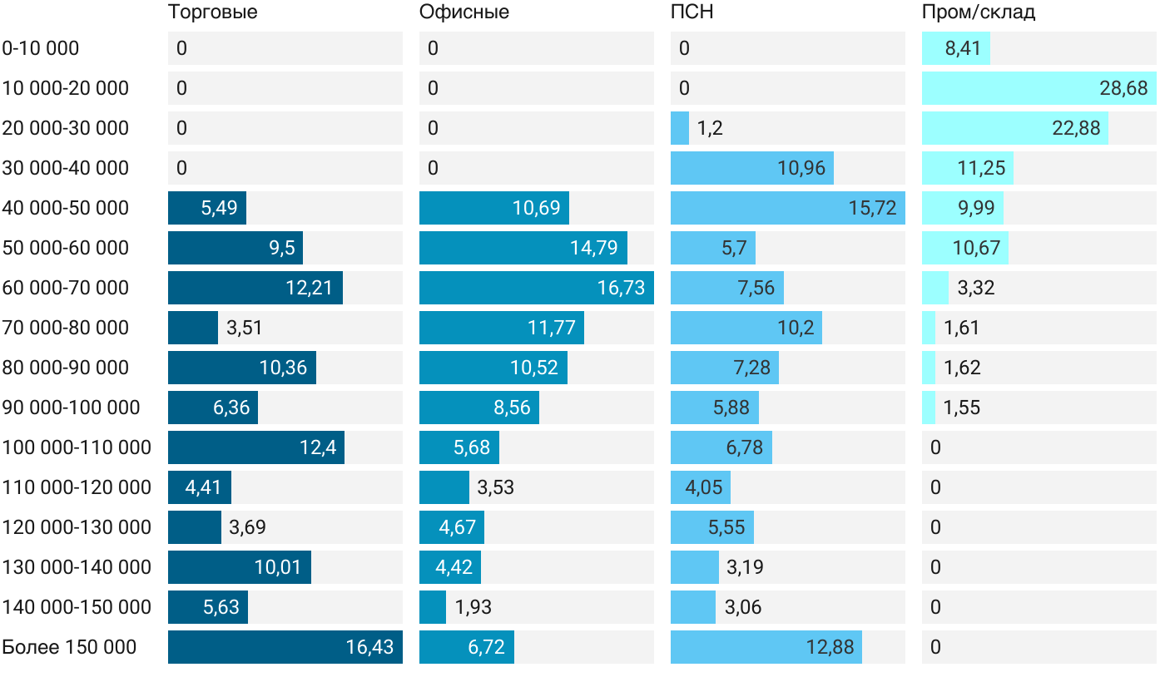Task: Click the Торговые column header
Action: (212, 12)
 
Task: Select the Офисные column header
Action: (464, 12)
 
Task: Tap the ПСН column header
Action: (692, 12)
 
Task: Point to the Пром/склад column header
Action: (978, 12)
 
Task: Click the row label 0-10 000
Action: (41, 48)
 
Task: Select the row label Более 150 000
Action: (69, 647)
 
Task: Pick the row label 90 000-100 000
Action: (72, 408)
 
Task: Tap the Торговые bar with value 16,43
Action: (285, 647)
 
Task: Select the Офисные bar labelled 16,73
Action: (536, 288)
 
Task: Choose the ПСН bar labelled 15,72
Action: (787, 208)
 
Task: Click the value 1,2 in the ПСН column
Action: (710, 128)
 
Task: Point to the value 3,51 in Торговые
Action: (245, 328)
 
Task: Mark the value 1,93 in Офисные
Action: (473, 607)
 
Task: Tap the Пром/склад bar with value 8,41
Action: (955, 48)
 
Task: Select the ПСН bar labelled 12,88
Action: (766, 647)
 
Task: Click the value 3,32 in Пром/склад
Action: (976, 288)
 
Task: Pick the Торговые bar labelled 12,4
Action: (255, 447)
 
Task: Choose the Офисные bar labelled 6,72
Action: (466, 647)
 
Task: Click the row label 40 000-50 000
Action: (66, 208)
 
